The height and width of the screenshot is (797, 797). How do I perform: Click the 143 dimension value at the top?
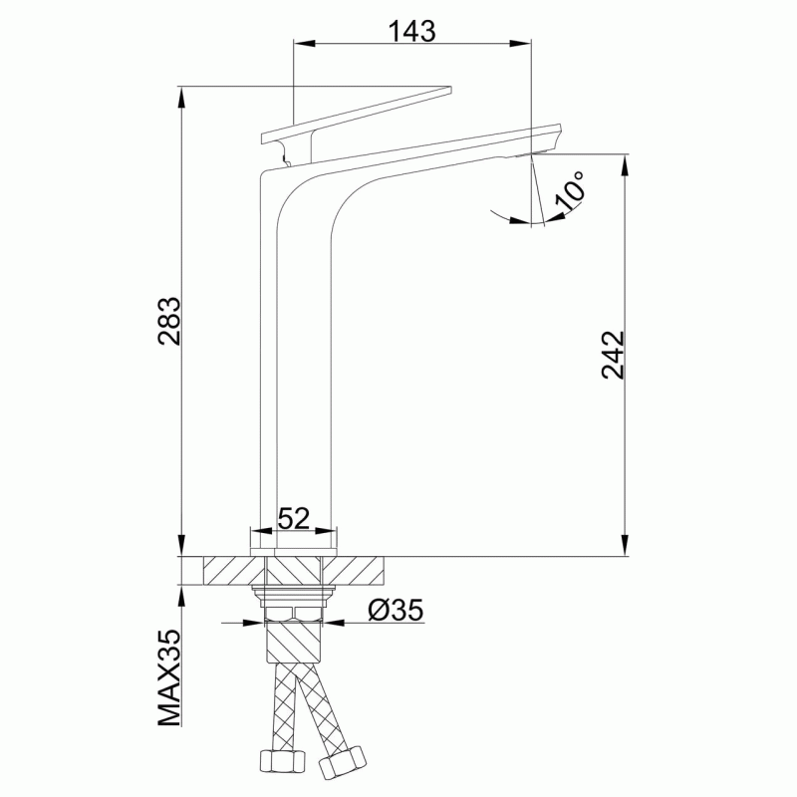[x=411, y=32]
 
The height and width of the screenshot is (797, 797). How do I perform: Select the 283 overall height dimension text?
[x=169, y=321]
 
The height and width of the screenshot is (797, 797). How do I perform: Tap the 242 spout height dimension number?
[x=613, y=355]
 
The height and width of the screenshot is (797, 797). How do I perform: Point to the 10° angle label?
[x=570, y=190]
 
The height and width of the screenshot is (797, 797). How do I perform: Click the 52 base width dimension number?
[x=294, y=519]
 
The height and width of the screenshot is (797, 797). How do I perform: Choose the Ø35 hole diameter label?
[x=396, y=610]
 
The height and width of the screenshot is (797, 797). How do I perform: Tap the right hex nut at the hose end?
[x=342, y=760]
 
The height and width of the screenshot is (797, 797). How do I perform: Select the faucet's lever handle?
[x=356, y=115]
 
